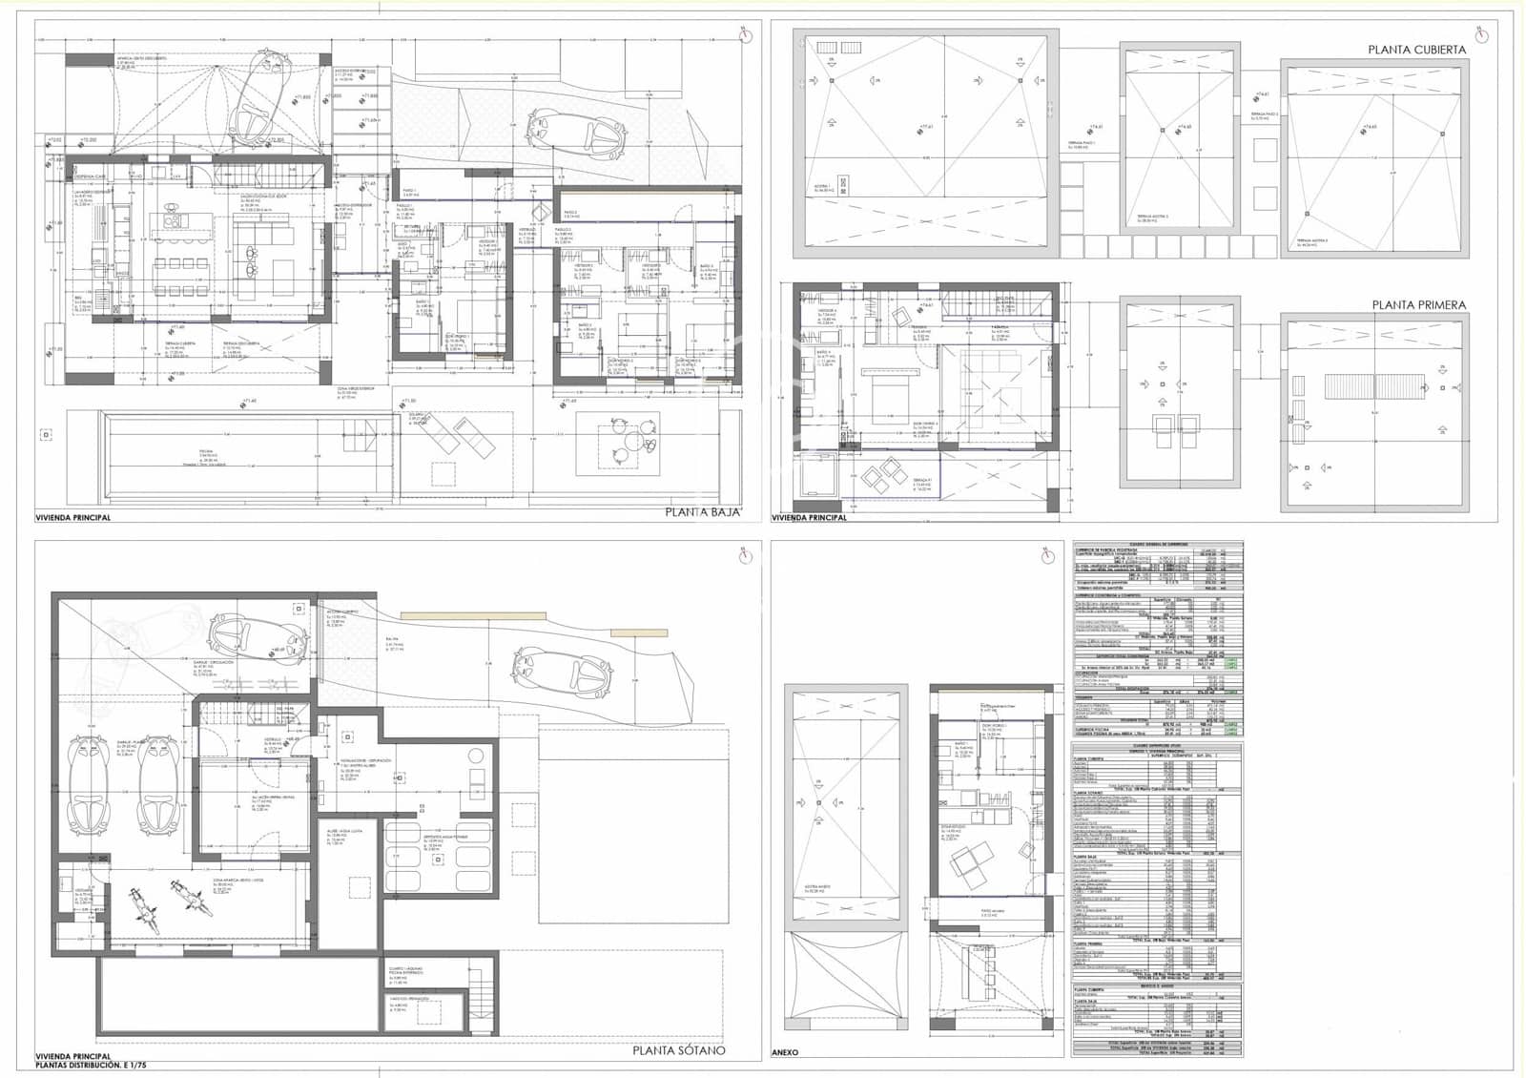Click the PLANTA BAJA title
[x=703, y=513]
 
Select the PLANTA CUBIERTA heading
[x=1416, y=50]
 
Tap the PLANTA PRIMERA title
[x=1418, y=305]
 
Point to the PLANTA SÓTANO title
[x=678, y=1050]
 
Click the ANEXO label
[x=785, y=1053]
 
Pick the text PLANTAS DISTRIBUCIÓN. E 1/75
[x=92, y=1065]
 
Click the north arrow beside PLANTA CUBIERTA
[x=1480, y=36]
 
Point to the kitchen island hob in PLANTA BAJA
[x=176, y=222]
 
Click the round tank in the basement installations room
[x=475, y=757]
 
